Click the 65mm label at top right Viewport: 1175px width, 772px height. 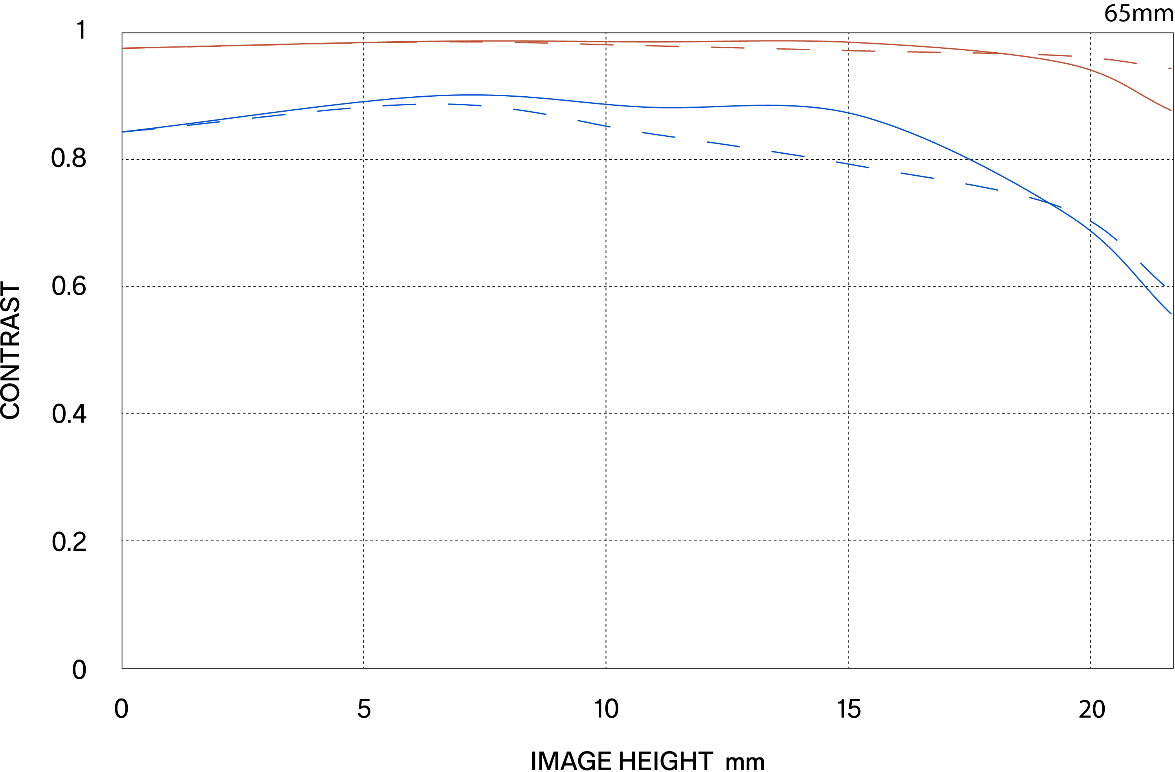tap(1138, 13)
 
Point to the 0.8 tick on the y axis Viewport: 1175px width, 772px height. tap(69, 158)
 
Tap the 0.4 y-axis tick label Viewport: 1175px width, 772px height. tap(69, 414)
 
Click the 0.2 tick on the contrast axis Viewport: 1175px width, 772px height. tap(69, 542)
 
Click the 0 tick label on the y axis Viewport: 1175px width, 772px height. tap(79, 670)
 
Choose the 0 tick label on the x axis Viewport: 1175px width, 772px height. tap(121, 709)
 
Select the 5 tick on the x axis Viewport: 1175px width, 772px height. tap(364, 709)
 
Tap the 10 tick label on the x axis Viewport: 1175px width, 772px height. tap(606, 709)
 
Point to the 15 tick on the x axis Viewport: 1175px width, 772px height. tap(849, 709)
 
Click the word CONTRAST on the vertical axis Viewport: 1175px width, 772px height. tap(10, 351)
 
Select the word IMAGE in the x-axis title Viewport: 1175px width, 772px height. tap(571, 761)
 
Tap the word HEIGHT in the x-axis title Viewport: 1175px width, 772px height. tap(665, 761)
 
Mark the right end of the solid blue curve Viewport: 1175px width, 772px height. tap(1171, 313)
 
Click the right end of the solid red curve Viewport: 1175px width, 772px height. tap(1171, 110)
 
